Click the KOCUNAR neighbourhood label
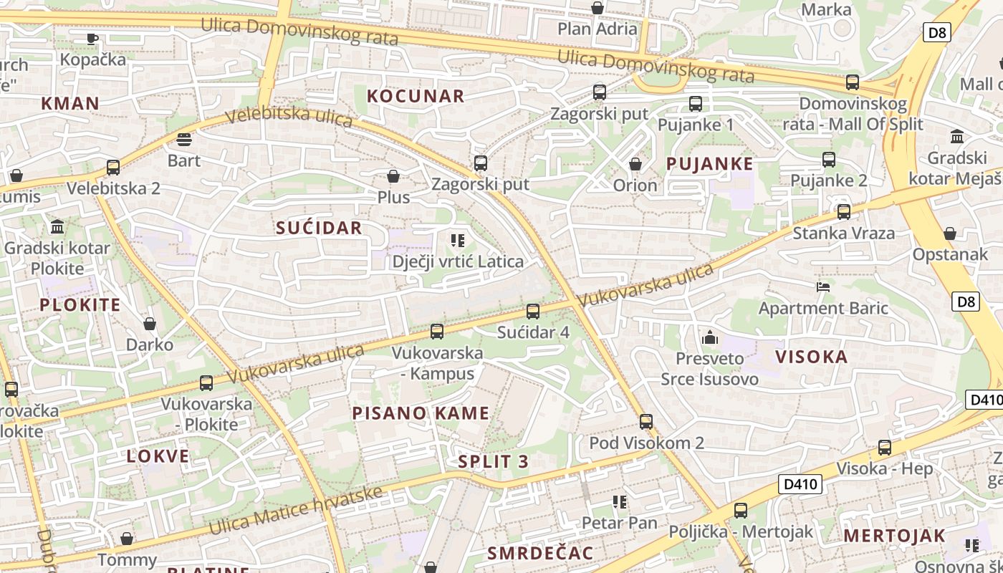(416, 96)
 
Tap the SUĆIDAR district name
(320, 228)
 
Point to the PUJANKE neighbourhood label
(709, 163)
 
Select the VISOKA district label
(811, 357)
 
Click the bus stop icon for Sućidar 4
(532, 312)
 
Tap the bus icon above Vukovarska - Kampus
(436, 332)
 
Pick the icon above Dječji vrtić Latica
(458, 241)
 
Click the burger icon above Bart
(184, 139)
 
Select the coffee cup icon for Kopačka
(92, 38)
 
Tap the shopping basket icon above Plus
(393, 176)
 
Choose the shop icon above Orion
(635, 165)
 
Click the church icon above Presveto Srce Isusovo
(710, 337)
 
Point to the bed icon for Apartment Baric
(823, 287)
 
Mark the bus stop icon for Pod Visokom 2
(646, 421)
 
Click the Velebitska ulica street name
(289, 116)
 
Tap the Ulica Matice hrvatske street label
(296, 510)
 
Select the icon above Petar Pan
(620, 502)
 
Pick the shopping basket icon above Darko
(150, 324)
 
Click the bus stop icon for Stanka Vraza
(844, 212)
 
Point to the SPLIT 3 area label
(494, 461)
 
